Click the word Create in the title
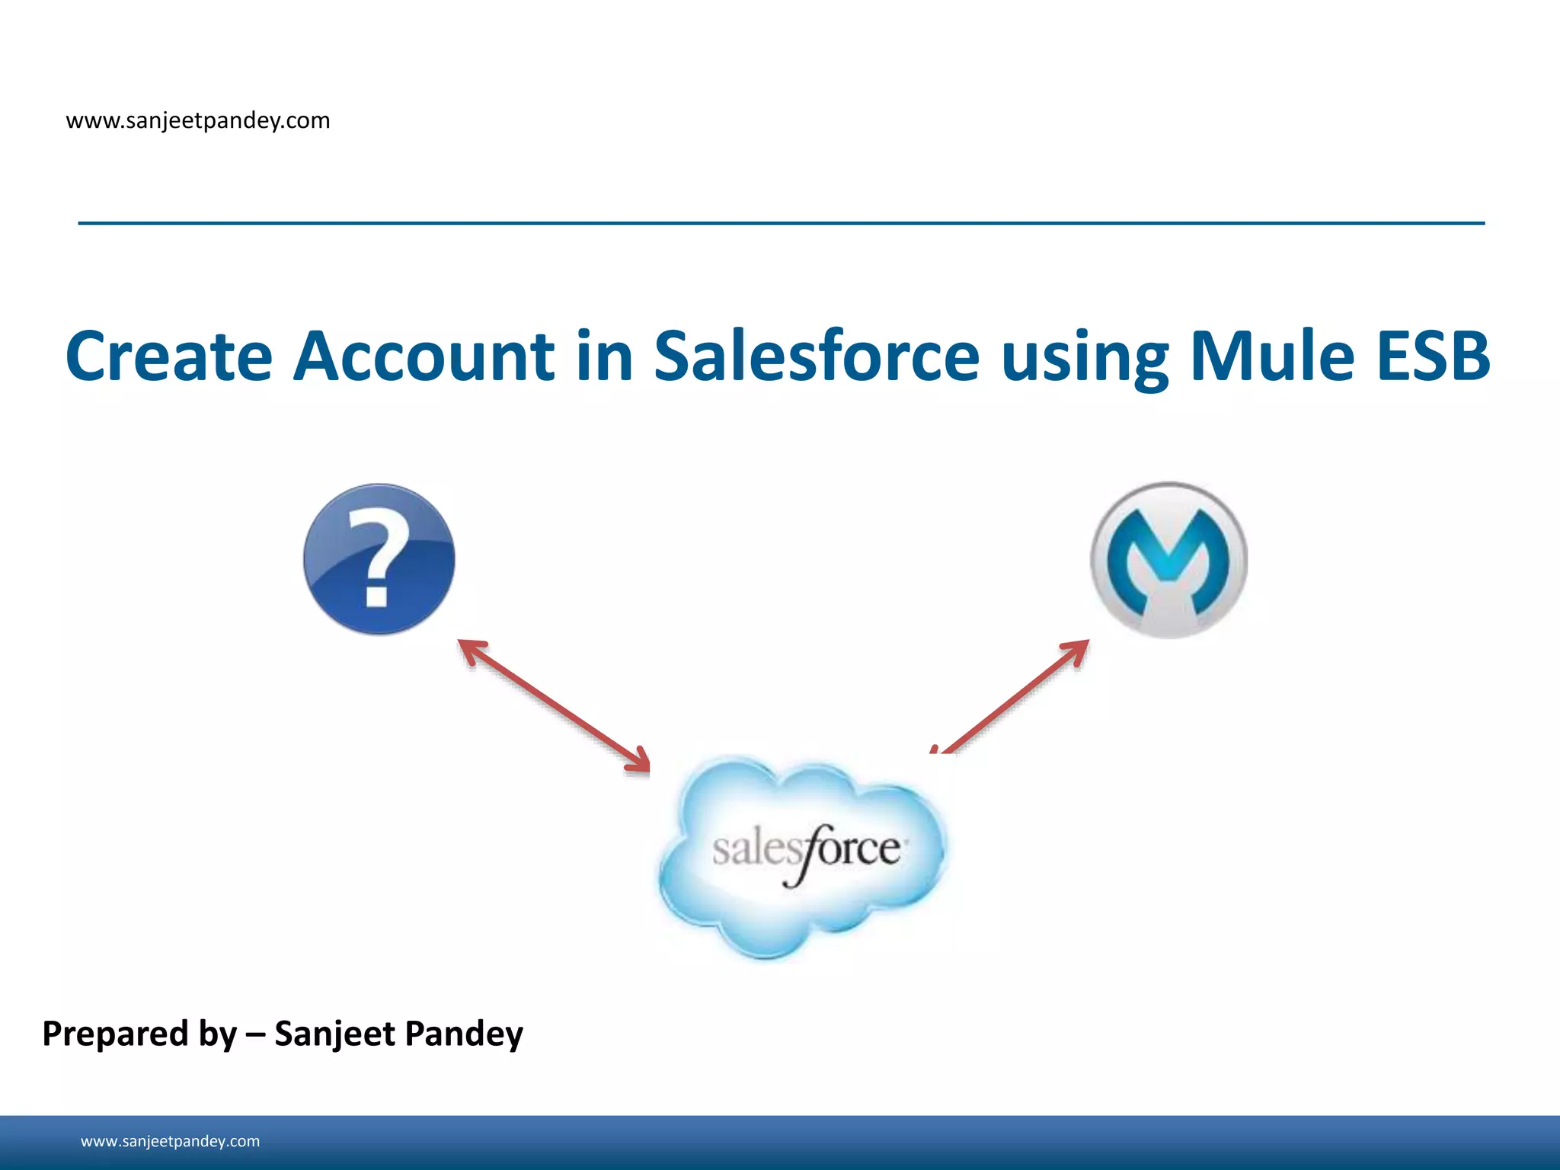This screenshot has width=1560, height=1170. tap(168, 356)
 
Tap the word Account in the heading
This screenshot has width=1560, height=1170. tap(424, 356)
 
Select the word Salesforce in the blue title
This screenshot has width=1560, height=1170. tap(816, 356)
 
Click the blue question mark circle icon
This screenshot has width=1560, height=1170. tap(379, 558)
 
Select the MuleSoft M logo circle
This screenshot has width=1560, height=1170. tap(1168, 560)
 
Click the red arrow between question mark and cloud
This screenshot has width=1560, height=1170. tap(555, 705)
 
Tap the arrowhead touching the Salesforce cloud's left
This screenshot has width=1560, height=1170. tap(638, 760)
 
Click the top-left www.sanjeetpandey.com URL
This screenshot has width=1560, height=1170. tap(198, 120)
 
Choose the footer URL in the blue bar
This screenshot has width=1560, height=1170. tap(170, 1141)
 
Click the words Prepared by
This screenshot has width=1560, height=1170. tap(139, 1034)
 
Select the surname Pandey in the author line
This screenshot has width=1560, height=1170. tap(463, 1034)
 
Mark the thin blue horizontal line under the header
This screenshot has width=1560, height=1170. tap(781, 223)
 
